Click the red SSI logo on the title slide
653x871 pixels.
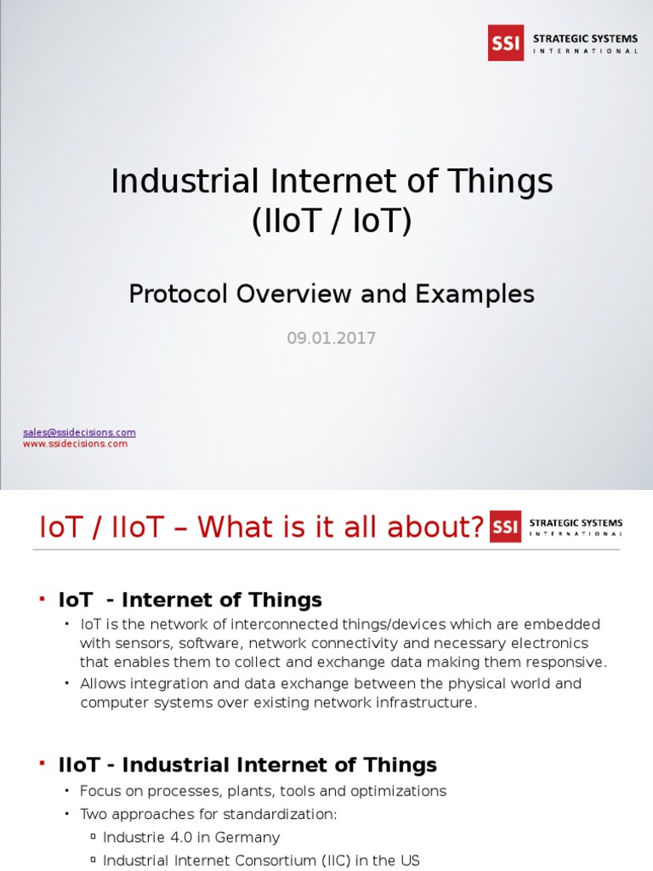coord(506,43)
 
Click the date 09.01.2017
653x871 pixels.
coord(331,339)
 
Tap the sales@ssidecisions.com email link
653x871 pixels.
coord(79,432)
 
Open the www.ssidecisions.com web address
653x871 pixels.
coord(75,443)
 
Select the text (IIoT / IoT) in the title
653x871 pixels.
coord(331,221)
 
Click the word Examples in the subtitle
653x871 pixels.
coord(474,293)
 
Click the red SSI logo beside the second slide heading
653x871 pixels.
coord(505,527)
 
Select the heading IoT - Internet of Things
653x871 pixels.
coord(190,600)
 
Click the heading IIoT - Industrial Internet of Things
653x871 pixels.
coord(247,765)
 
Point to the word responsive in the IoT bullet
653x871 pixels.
coord(565,662)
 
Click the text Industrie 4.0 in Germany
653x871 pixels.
coord(191,837)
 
